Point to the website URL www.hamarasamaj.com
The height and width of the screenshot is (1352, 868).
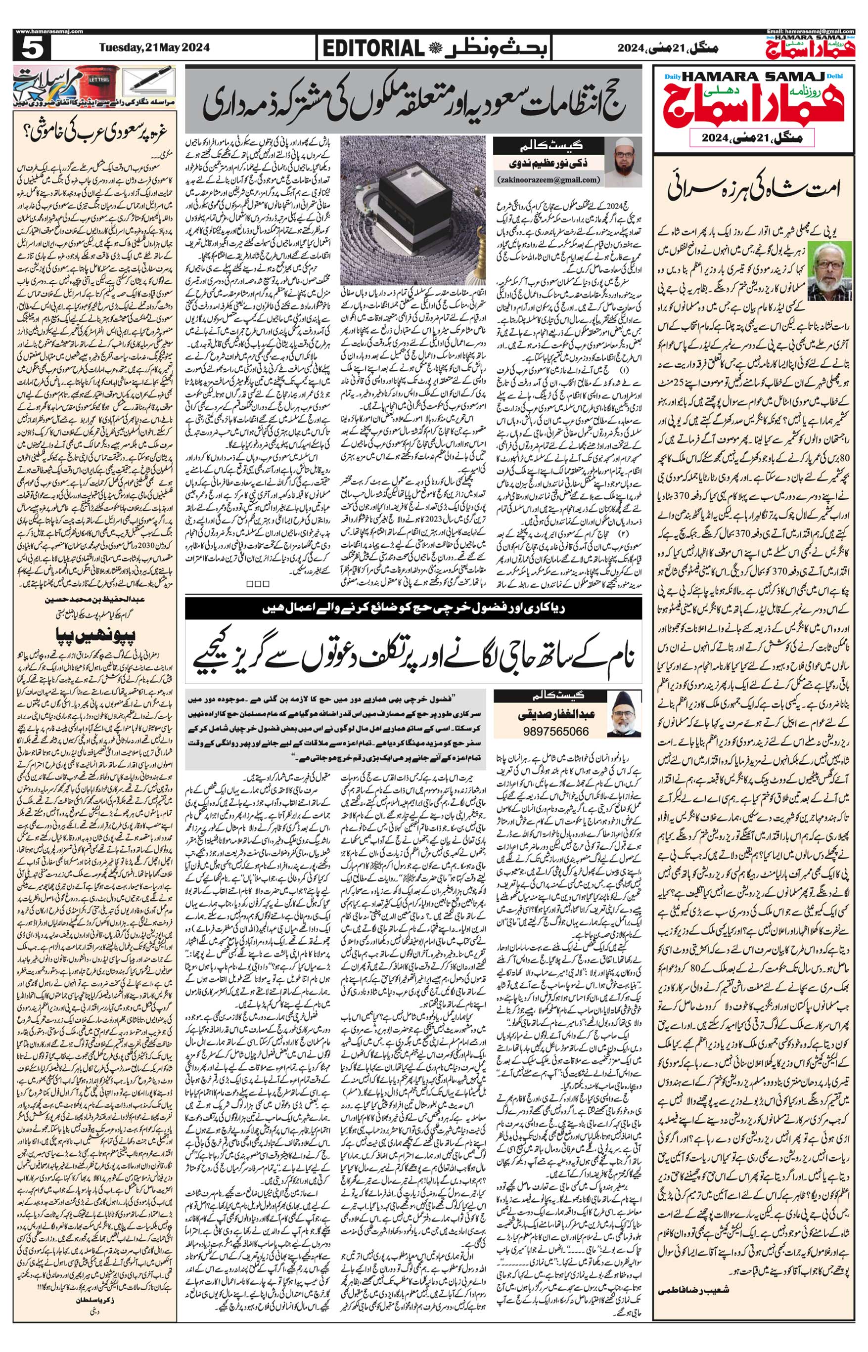(42, 32)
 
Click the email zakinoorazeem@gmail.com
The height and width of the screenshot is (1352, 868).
(548, 180)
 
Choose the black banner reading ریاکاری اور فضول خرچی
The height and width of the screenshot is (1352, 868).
(413, 607)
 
